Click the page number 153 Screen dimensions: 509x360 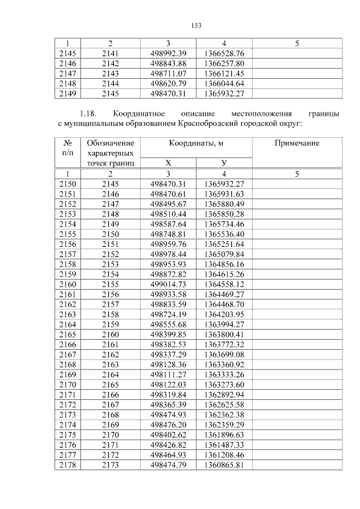pos(196,26)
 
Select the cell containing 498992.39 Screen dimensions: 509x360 pos(168,53)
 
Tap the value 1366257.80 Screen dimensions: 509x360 pos(224,63)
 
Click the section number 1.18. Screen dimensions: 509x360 pos(89,113)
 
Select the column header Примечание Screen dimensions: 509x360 pos(296,143)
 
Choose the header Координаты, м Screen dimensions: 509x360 pos(196,143)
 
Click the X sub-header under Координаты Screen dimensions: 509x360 pos(168,163)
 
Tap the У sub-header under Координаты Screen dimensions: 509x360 pos(224,163)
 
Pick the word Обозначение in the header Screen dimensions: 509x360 pos(110,143)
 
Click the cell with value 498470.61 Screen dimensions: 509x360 pos(168,193)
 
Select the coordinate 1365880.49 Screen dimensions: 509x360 pos(224,204)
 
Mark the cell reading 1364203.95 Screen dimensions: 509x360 pos(224,315)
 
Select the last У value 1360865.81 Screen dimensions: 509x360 pos(224,465)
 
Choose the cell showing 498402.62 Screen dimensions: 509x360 pos(168,435)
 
